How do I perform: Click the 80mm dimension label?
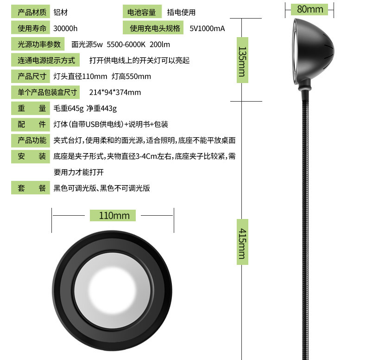(x=310, y=9)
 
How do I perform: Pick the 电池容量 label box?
(x=142, y=13)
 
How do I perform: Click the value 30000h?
(x=65, y=28)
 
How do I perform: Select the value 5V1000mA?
(x=207, y=28)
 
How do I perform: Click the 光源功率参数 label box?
(x=39, y=45)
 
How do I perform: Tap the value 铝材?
(x=61, y=13)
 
